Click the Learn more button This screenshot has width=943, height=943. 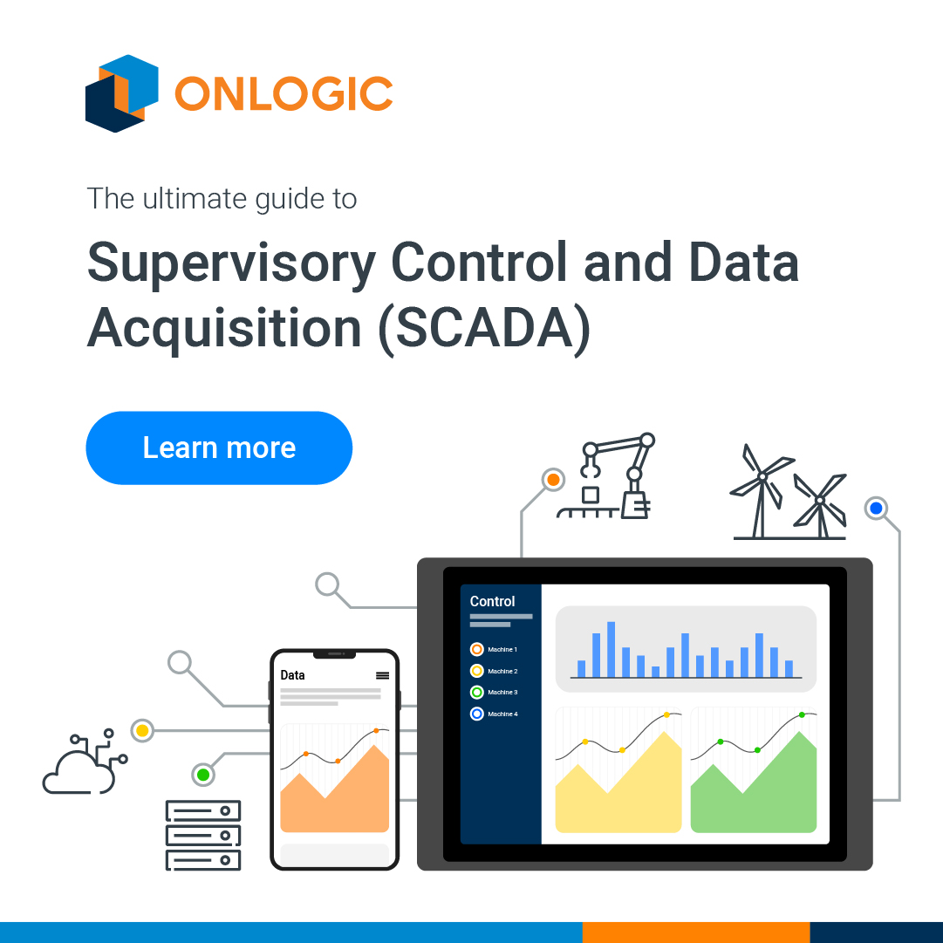click(219, 448)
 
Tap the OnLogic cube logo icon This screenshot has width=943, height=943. click(121, 92)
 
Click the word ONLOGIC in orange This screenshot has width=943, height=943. click(284, 93)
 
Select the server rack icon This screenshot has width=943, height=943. click(202, 835)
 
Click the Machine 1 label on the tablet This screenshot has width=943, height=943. click(502, 650)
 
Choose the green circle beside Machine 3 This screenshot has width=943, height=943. click(476, 693)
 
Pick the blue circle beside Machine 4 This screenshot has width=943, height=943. click(476, 714)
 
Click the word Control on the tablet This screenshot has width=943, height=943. click(492, 601)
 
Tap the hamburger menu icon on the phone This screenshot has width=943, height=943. click(382, 675)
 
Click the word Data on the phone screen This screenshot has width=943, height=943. click(292, 675)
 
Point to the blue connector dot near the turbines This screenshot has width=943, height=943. click(876, 508)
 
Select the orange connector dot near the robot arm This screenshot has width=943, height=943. click(551, 480)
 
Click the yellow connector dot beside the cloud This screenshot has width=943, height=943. click(141, 729)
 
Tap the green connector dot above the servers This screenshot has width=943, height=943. click(203, 774)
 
